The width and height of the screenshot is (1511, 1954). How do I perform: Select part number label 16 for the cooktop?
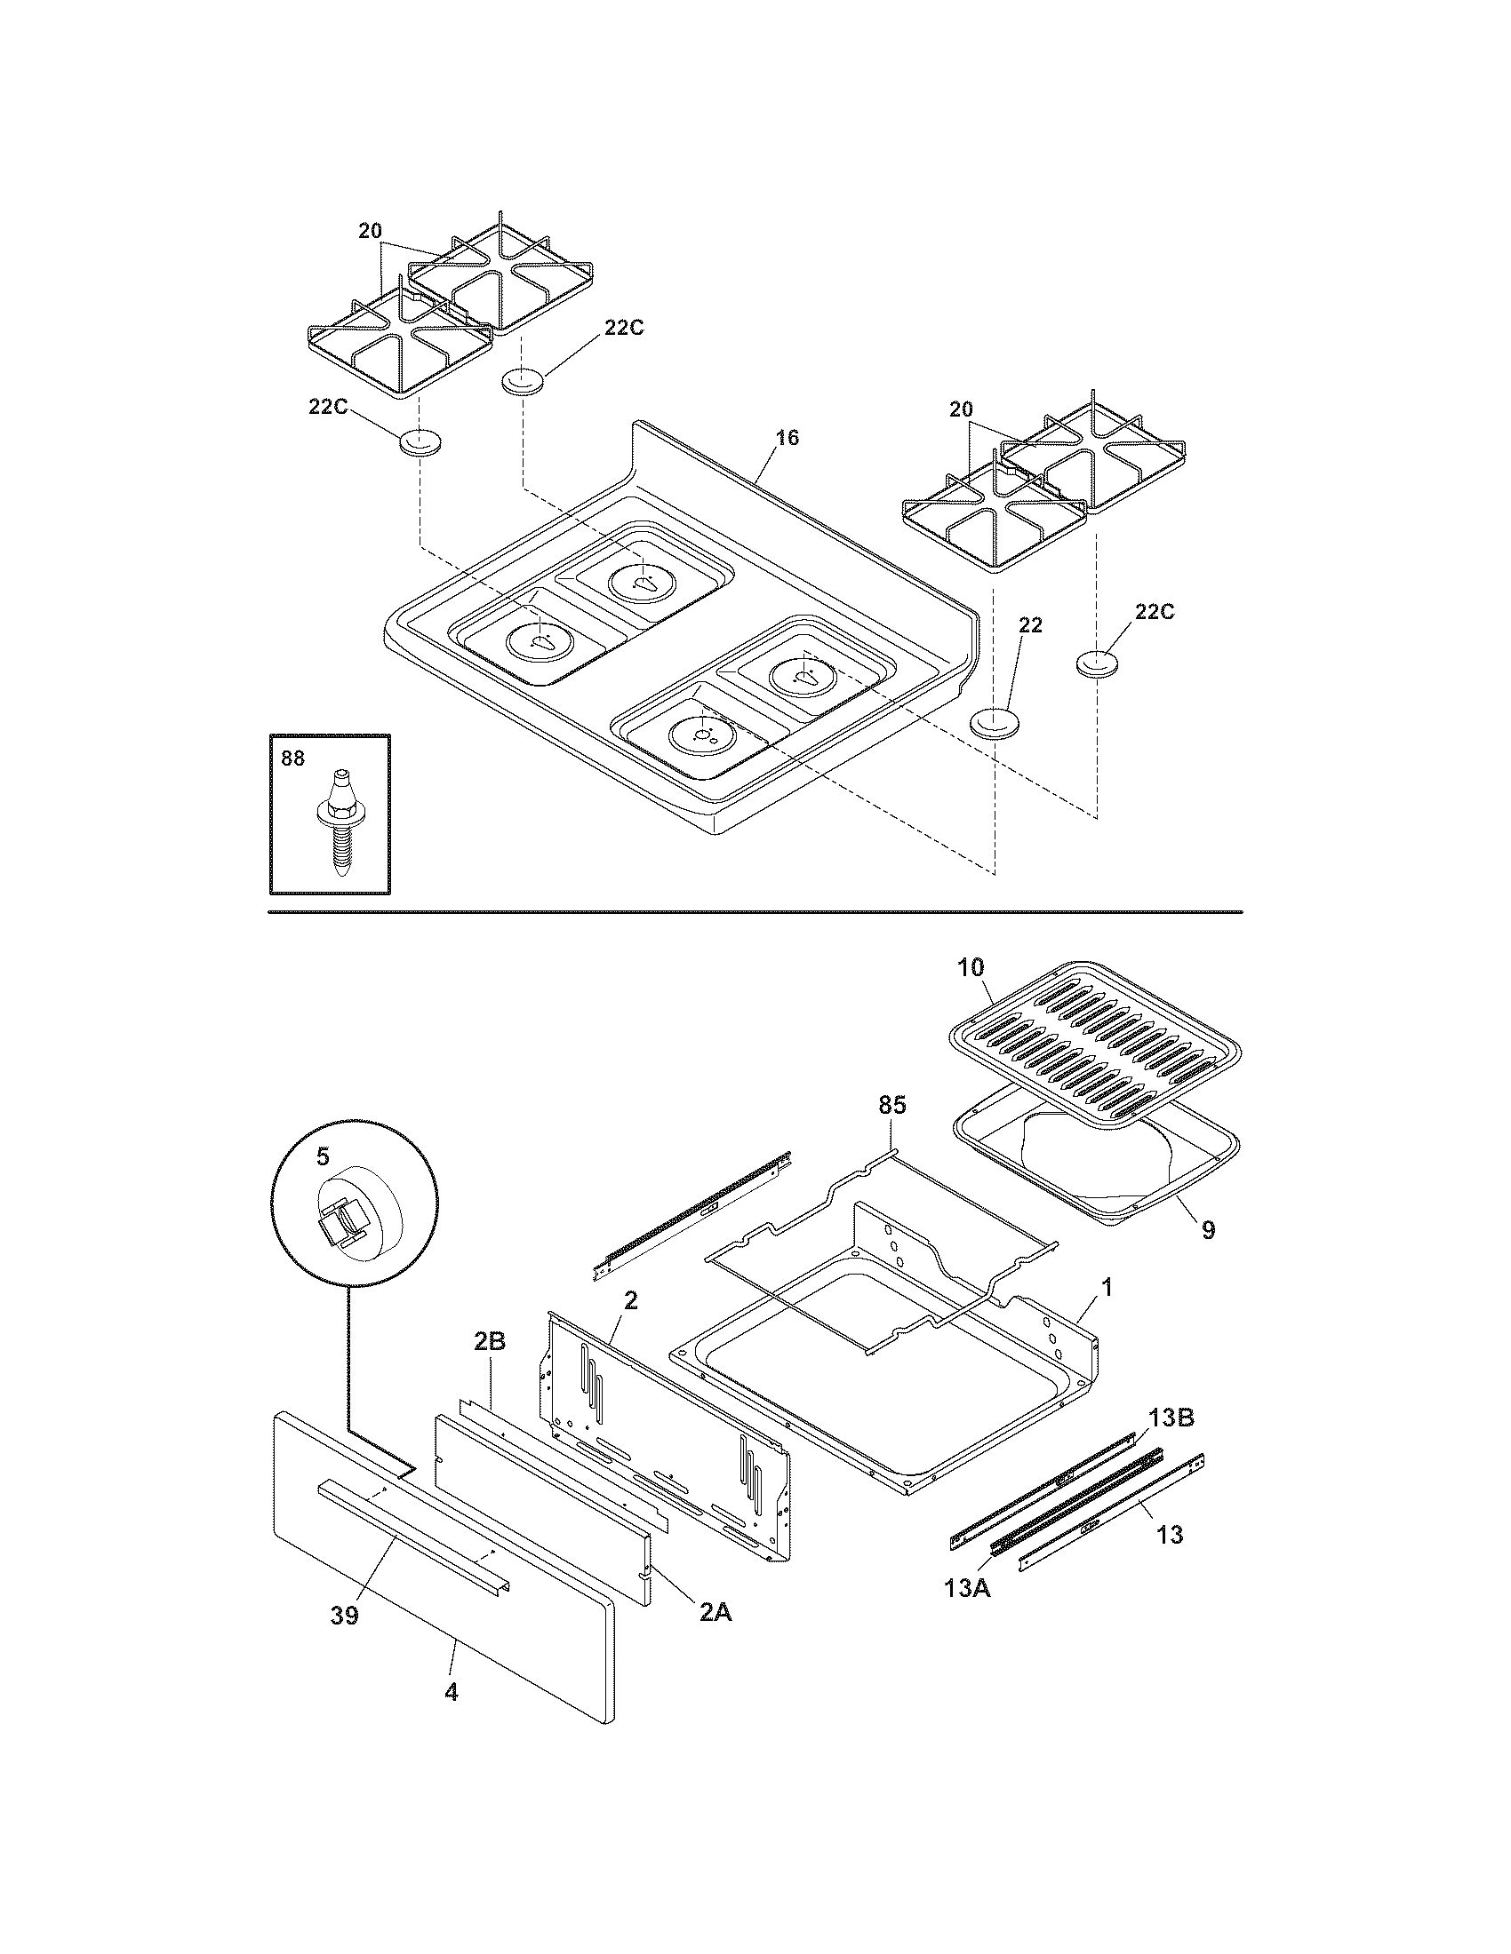787,438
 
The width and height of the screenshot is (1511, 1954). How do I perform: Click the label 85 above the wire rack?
891,1106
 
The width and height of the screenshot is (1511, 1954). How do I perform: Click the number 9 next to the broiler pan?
1208,1231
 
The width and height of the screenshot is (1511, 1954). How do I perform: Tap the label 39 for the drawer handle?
345,1616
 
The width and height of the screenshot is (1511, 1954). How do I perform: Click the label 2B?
491,1366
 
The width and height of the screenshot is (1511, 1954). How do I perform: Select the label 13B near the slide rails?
1171,1418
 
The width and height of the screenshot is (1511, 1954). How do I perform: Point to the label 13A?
968,1590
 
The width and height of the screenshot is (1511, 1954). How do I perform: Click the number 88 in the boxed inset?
292,759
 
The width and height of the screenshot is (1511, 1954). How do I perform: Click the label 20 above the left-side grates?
370,231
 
